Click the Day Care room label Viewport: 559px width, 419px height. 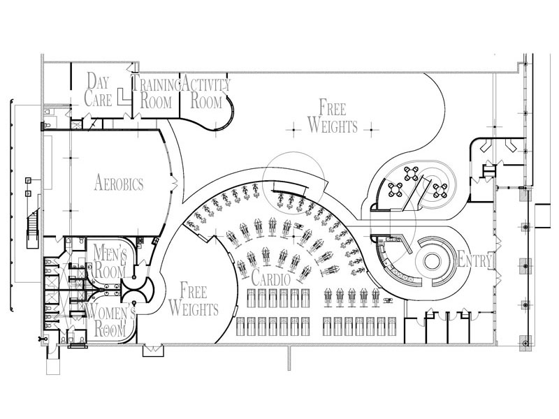click(98, 90)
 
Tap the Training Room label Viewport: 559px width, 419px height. click(156, 93)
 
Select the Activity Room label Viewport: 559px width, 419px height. click(206, 93)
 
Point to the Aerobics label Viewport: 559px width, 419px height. click(119, 183)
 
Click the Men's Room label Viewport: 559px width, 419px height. click(110, 262)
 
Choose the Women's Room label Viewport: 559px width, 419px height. click(110, 320)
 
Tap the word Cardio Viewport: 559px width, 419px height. click(271, 278)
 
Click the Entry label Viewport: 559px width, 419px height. click(475, 260)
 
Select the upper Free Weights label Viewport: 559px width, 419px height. click(333, 116)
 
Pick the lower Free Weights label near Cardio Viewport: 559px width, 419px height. click(194, 300)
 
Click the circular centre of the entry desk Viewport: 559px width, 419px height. click(433, 262)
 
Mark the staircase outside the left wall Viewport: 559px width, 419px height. click(32, 228)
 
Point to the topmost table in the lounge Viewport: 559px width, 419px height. click(412, 173)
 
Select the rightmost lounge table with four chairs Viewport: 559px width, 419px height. click(441, 191)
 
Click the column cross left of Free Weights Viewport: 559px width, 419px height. click(294, 130)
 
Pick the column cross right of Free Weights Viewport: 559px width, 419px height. click(371, 130)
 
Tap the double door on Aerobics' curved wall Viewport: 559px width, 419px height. click(174, 184)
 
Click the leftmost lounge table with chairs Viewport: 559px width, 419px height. click(395, 189)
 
